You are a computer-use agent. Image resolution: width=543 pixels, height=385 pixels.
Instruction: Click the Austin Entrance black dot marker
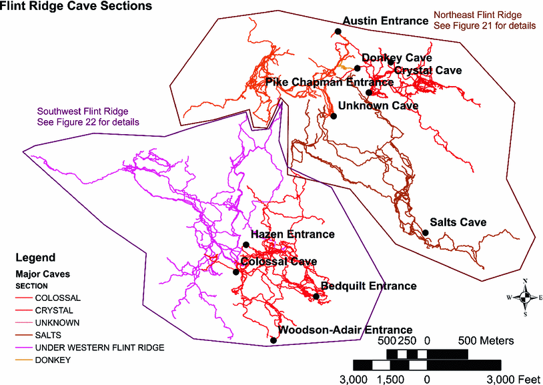point(338,31)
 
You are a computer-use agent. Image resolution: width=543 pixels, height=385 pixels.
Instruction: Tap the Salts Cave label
point(458,222)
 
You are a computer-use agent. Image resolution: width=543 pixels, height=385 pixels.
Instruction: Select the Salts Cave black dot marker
point(425,233)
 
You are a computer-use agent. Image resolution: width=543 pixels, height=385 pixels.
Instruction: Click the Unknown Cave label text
point(378,105)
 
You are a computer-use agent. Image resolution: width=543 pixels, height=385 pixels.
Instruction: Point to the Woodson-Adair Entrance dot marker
point(274,341)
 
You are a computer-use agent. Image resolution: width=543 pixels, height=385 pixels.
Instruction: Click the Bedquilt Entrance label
point(368,286)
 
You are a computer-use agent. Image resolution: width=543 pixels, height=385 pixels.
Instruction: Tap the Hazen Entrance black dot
point(246,245)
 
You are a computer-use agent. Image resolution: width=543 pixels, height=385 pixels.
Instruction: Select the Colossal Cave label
point(278,262)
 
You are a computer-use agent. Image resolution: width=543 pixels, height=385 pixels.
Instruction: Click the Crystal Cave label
point(428,70)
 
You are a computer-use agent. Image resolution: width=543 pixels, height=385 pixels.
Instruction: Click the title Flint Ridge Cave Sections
point(76,7)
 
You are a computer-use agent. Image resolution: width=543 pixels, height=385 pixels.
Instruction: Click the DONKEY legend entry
point(54,360)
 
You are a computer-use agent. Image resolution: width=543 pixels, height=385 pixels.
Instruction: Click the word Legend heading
point(35,257)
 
